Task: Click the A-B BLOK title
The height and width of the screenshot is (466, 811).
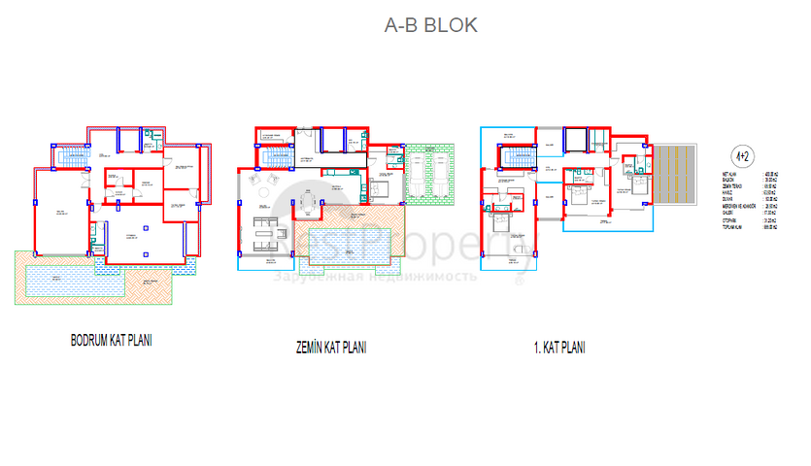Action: click(x=430, y=26)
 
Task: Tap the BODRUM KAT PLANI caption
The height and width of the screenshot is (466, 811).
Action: click(x=112, y=341)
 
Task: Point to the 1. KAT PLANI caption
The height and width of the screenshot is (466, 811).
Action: click(x=561, y=347)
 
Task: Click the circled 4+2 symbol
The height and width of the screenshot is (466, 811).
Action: click(x=741, y=154)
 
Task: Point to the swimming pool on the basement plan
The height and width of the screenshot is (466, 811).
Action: click(x=74, y=281)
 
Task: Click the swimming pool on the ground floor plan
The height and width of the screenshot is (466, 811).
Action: click(x=350, y=242)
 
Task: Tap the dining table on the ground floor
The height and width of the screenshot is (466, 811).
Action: click(x=308, y=202)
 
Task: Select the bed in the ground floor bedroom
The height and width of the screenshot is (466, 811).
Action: click(x=381, y=187)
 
